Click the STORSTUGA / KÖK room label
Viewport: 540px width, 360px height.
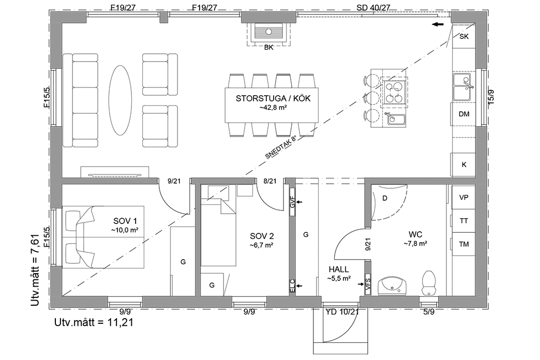click(273, 98)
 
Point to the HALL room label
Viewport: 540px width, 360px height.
click(339, 269)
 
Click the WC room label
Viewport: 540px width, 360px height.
click(415, 234)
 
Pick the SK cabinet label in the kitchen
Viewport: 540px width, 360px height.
click(464, 36)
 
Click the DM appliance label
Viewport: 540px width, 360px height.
click(464, 114)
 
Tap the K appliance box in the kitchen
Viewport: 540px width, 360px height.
click(464, 164)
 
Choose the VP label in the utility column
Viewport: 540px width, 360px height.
click(464, 198)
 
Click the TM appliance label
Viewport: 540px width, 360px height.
click(464, 244)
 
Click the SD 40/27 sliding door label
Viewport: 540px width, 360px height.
click(373, 7)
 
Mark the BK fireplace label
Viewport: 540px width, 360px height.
click(268, 47)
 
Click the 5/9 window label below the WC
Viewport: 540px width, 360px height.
click(428, 311)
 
